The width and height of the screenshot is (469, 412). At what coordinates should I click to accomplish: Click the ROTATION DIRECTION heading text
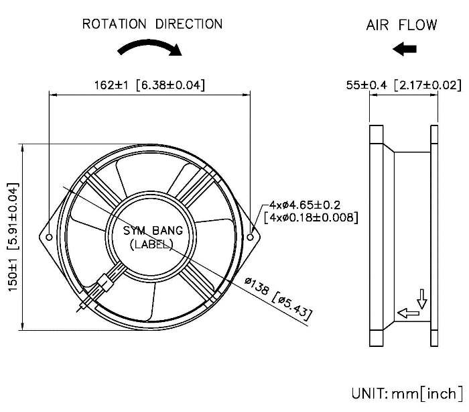152,24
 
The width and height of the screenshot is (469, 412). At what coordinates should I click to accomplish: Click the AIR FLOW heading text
401,25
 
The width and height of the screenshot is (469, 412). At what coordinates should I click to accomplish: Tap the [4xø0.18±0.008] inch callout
311,217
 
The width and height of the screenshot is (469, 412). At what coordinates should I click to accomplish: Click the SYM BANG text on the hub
149,231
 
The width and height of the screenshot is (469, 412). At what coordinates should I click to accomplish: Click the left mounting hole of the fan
50,237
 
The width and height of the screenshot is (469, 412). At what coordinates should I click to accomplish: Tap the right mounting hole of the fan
251,237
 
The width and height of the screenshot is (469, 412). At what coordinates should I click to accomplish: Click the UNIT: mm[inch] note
407,392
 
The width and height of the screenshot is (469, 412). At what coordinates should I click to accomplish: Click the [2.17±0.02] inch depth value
427,85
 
